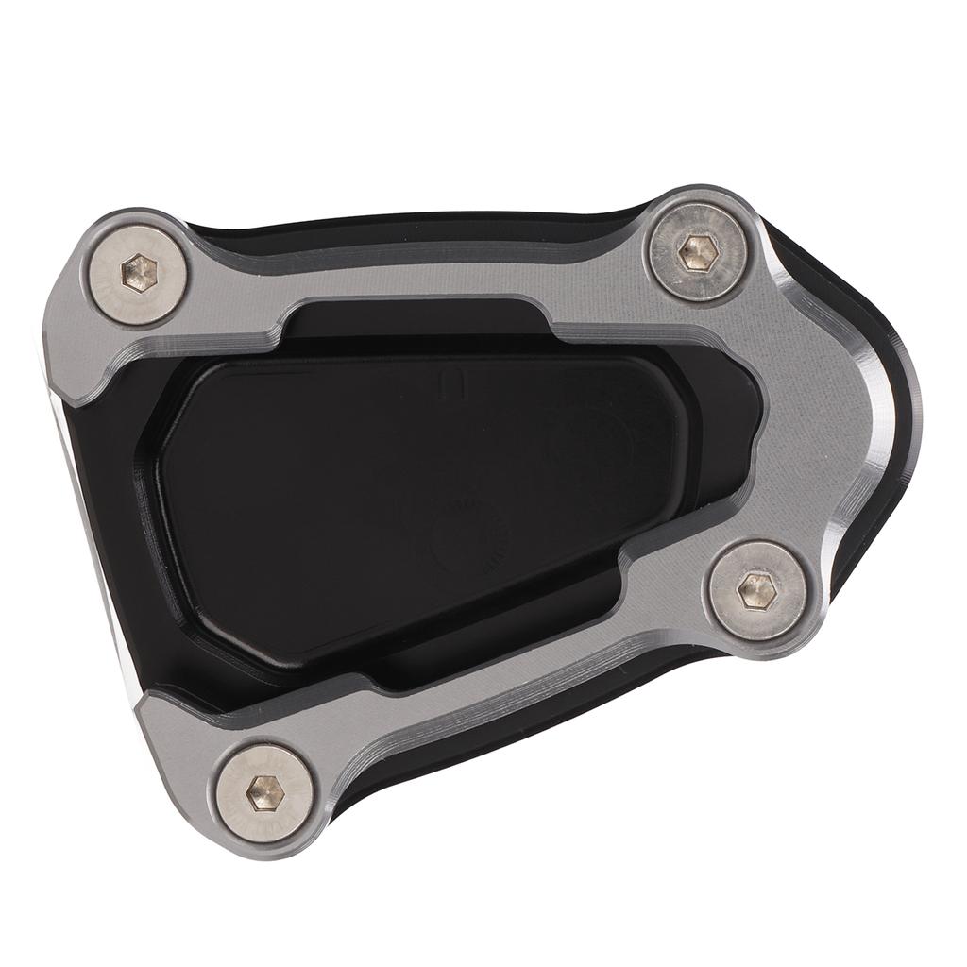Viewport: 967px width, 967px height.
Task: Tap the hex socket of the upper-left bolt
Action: coord(139,271)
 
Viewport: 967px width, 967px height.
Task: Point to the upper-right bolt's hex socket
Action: coord(696,250)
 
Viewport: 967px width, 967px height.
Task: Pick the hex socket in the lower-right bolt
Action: coord(755,591)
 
